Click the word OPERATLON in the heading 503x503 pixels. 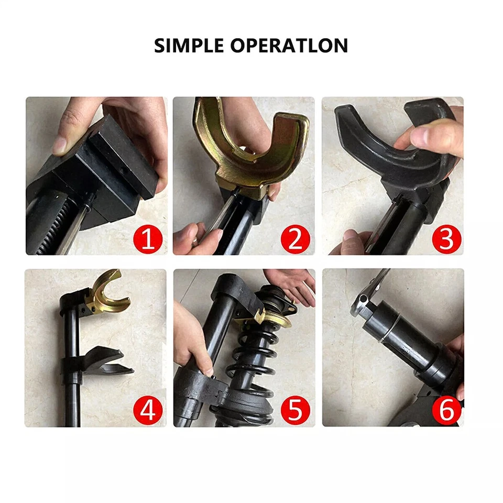289,46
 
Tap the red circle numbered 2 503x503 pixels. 296,239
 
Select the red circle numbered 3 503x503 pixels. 445,239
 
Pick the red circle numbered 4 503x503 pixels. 148,411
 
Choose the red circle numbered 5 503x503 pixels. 297,411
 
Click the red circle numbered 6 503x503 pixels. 446,411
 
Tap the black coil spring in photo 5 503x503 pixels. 251,362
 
